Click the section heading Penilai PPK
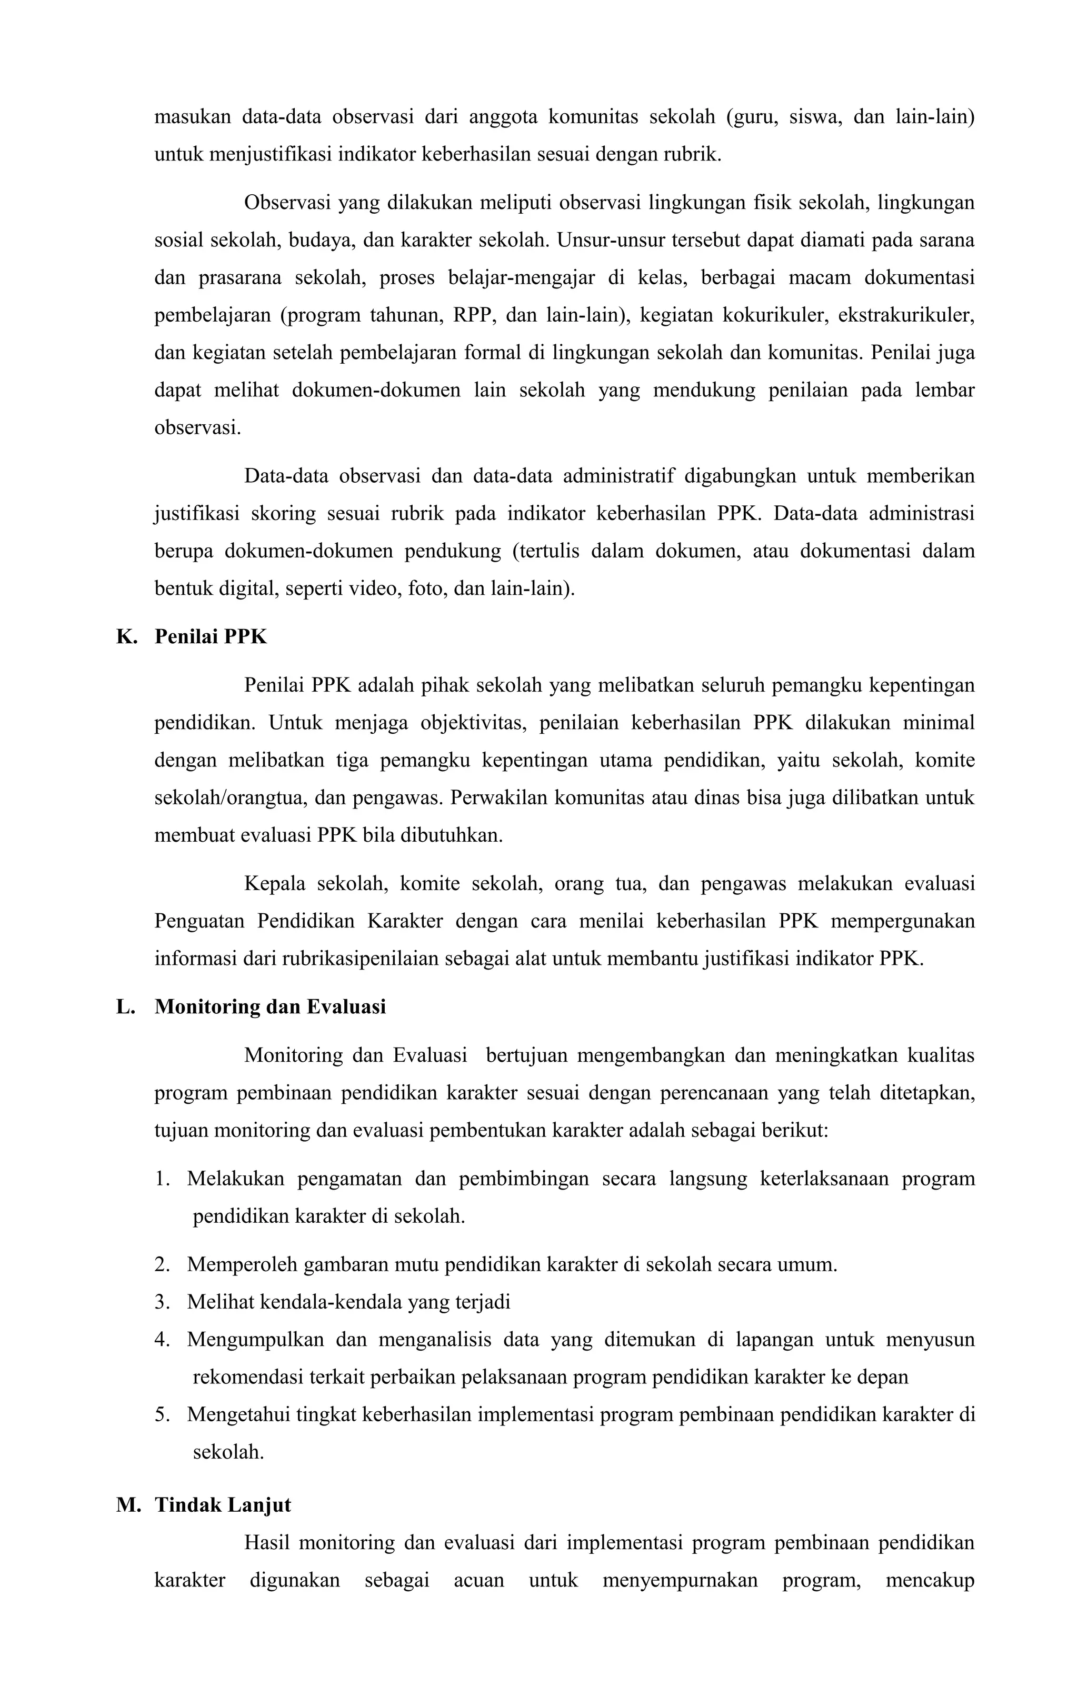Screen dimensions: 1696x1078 pyautogui.click(x=211, y=637)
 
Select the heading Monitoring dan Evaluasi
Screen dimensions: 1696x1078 pyautogui.click(x=271, y=1007)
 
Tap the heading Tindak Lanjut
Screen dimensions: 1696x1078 pyautogui.click(x=223, y=1505)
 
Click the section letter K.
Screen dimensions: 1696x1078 pyautogui.click(x=125, y=637)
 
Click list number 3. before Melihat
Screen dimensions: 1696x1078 pyautogui.click(x=162, y=1302)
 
